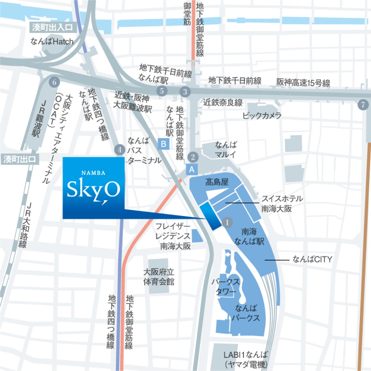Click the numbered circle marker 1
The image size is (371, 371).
227,222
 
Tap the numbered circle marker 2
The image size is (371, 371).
193,157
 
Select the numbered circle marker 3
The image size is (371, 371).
185,92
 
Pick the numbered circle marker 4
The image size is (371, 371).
120,150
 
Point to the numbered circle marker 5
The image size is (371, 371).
162,91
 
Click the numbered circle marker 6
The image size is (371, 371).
54,82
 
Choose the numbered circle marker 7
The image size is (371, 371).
363,104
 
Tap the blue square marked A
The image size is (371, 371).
191,170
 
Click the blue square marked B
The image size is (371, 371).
164,144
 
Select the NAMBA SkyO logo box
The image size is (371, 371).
94,188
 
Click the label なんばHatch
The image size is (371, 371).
52,42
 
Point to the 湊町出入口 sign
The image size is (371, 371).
52,27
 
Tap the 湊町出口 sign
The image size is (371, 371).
19,159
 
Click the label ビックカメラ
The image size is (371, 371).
262,116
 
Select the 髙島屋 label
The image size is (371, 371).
217,182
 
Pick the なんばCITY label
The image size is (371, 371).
312,259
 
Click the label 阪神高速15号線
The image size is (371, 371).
303,82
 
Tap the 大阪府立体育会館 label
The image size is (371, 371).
159,277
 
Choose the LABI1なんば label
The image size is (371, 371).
246,355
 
